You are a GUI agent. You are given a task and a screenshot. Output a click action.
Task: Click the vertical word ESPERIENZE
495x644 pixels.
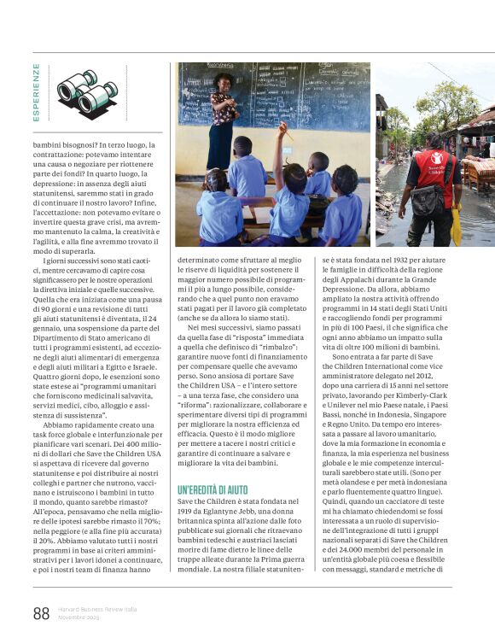point(37,92)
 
